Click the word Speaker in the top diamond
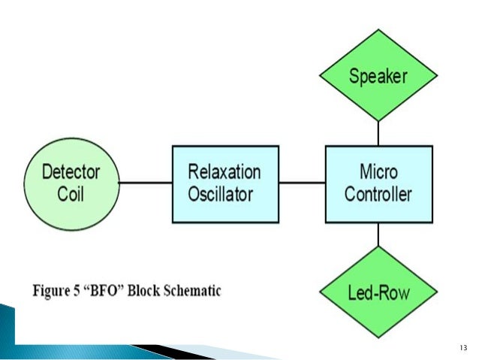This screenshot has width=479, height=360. pos(378,77)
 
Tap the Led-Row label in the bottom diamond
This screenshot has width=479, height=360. pos(378,292)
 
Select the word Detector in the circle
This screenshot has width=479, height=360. pos(71,172)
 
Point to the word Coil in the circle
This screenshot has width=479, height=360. pos(71,194)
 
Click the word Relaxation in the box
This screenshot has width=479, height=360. pos(224,171)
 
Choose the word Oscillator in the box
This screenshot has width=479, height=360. pos(221,194)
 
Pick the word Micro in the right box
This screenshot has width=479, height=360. pos(378,171)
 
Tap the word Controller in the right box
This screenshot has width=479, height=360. pos(378,194)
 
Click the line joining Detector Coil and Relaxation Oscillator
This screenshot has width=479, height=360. pos(146,183)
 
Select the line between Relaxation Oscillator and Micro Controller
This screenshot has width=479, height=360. pos(302,183)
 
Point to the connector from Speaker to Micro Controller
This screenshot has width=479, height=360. pos(378,133)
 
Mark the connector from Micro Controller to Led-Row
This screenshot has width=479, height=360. pos(378,234)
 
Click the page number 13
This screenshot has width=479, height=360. pos(463,348)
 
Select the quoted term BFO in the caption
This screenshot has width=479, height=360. pos(103,290)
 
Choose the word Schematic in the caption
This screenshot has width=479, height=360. pos(192,290)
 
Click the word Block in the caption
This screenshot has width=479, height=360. pos(143,290)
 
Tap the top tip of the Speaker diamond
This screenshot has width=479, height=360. pos(378,29)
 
